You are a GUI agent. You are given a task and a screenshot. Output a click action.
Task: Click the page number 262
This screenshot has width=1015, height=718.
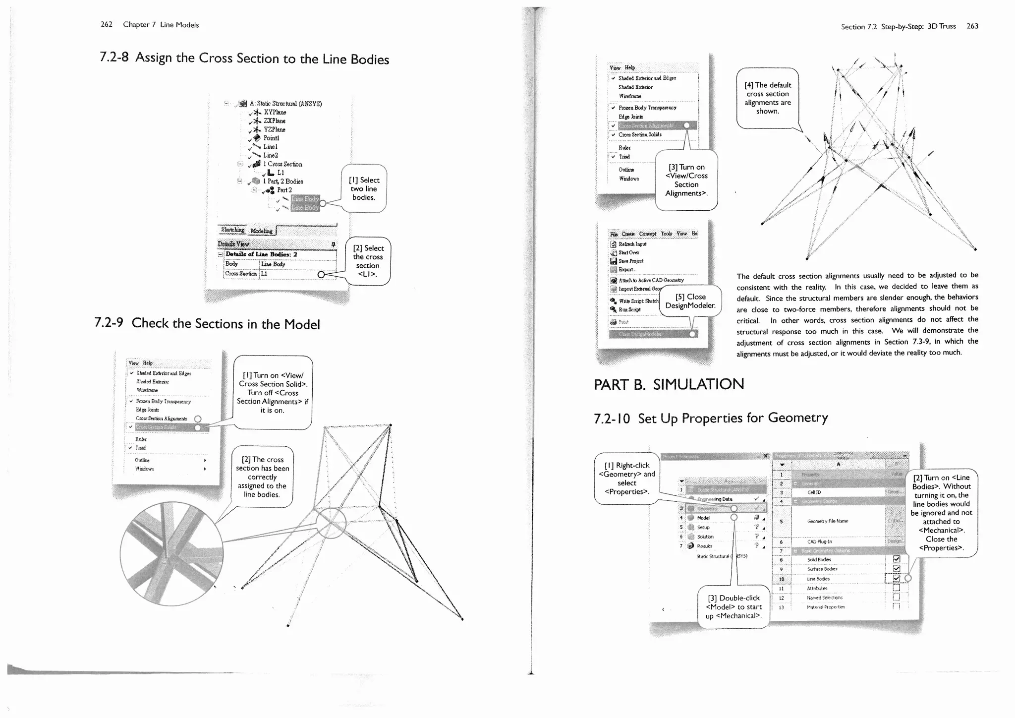point(107,24)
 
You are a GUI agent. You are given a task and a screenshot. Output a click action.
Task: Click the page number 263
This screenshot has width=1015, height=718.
point(972,26)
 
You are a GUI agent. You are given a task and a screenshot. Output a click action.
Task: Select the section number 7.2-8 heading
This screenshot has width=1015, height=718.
point(114,57)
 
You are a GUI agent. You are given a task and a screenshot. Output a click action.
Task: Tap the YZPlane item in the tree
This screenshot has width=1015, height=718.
point(274,129)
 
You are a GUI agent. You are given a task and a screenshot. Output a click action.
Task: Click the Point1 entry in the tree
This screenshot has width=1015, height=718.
point(271,138)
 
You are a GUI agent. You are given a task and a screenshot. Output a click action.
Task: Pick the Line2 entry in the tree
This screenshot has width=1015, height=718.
point(270,155)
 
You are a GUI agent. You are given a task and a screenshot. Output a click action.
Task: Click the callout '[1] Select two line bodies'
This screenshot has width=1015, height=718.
point(364,189)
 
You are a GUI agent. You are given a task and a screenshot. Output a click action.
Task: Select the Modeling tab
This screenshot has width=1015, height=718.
point(261,231)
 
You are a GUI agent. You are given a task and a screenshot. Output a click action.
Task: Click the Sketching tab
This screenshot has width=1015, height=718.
point(232,230)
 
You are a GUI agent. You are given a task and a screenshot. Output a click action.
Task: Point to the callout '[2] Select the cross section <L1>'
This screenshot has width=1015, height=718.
point(368,261)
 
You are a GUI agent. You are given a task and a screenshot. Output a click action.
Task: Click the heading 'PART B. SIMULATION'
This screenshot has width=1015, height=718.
point(669,384)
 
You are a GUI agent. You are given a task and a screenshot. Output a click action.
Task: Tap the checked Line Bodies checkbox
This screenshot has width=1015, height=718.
point(896,578)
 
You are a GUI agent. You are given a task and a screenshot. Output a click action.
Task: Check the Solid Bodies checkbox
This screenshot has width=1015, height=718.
point(896,559)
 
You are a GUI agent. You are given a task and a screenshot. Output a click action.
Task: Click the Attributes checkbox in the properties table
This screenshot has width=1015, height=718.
point(896,588)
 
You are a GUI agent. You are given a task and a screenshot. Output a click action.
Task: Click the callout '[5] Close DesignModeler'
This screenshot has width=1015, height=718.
point(690,301)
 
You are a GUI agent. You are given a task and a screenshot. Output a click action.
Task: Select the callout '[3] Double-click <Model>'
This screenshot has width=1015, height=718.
point(733,607)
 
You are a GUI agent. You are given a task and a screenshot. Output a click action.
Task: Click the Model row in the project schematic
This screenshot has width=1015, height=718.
point(703,518)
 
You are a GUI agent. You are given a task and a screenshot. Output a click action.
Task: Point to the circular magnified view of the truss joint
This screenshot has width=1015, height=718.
point(171,553)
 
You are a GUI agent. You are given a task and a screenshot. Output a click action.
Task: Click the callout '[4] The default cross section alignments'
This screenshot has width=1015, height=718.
point(767,98)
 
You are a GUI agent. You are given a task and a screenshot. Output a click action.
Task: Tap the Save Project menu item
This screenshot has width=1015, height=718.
point(630,261)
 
